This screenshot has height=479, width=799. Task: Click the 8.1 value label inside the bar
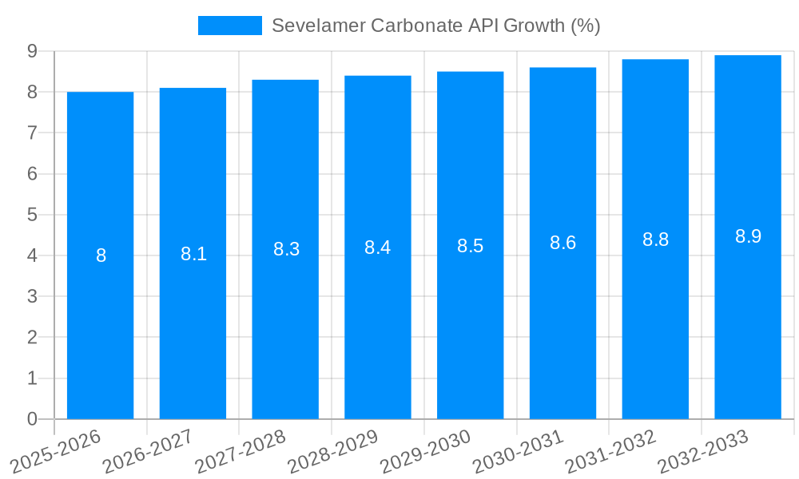click(193, 254)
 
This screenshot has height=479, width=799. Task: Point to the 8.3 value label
click(286, 249)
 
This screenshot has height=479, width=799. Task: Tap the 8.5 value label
click(471, 246)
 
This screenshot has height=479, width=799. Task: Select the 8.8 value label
click(655, 239)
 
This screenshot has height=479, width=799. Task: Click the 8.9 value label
click(748, 236)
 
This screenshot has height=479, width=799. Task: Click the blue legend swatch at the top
click(229, 26)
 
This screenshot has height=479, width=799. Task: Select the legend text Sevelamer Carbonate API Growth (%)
click(435, 26)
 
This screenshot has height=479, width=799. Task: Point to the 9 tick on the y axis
click(32, 51)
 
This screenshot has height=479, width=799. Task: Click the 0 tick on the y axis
click(32, 419)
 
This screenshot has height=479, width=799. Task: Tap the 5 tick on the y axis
click(32, 215)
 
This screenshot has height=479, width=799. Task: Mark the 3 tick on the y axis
click(32, 297)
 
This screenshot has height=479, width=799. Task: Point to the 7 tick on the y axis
click(32, 133)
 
